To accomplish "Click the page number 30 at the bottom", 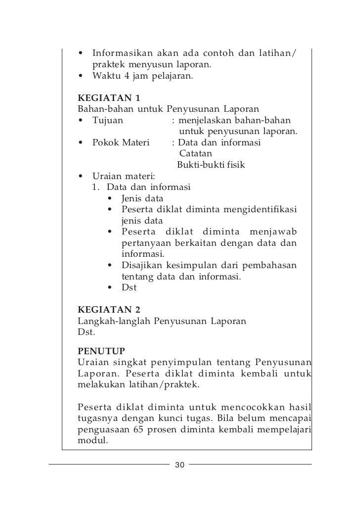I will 180,465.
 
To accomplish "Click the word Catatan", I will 195,154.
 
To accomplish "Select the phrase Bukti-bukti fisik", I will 211,165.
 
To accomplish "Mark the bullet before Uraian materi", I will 81,177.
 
